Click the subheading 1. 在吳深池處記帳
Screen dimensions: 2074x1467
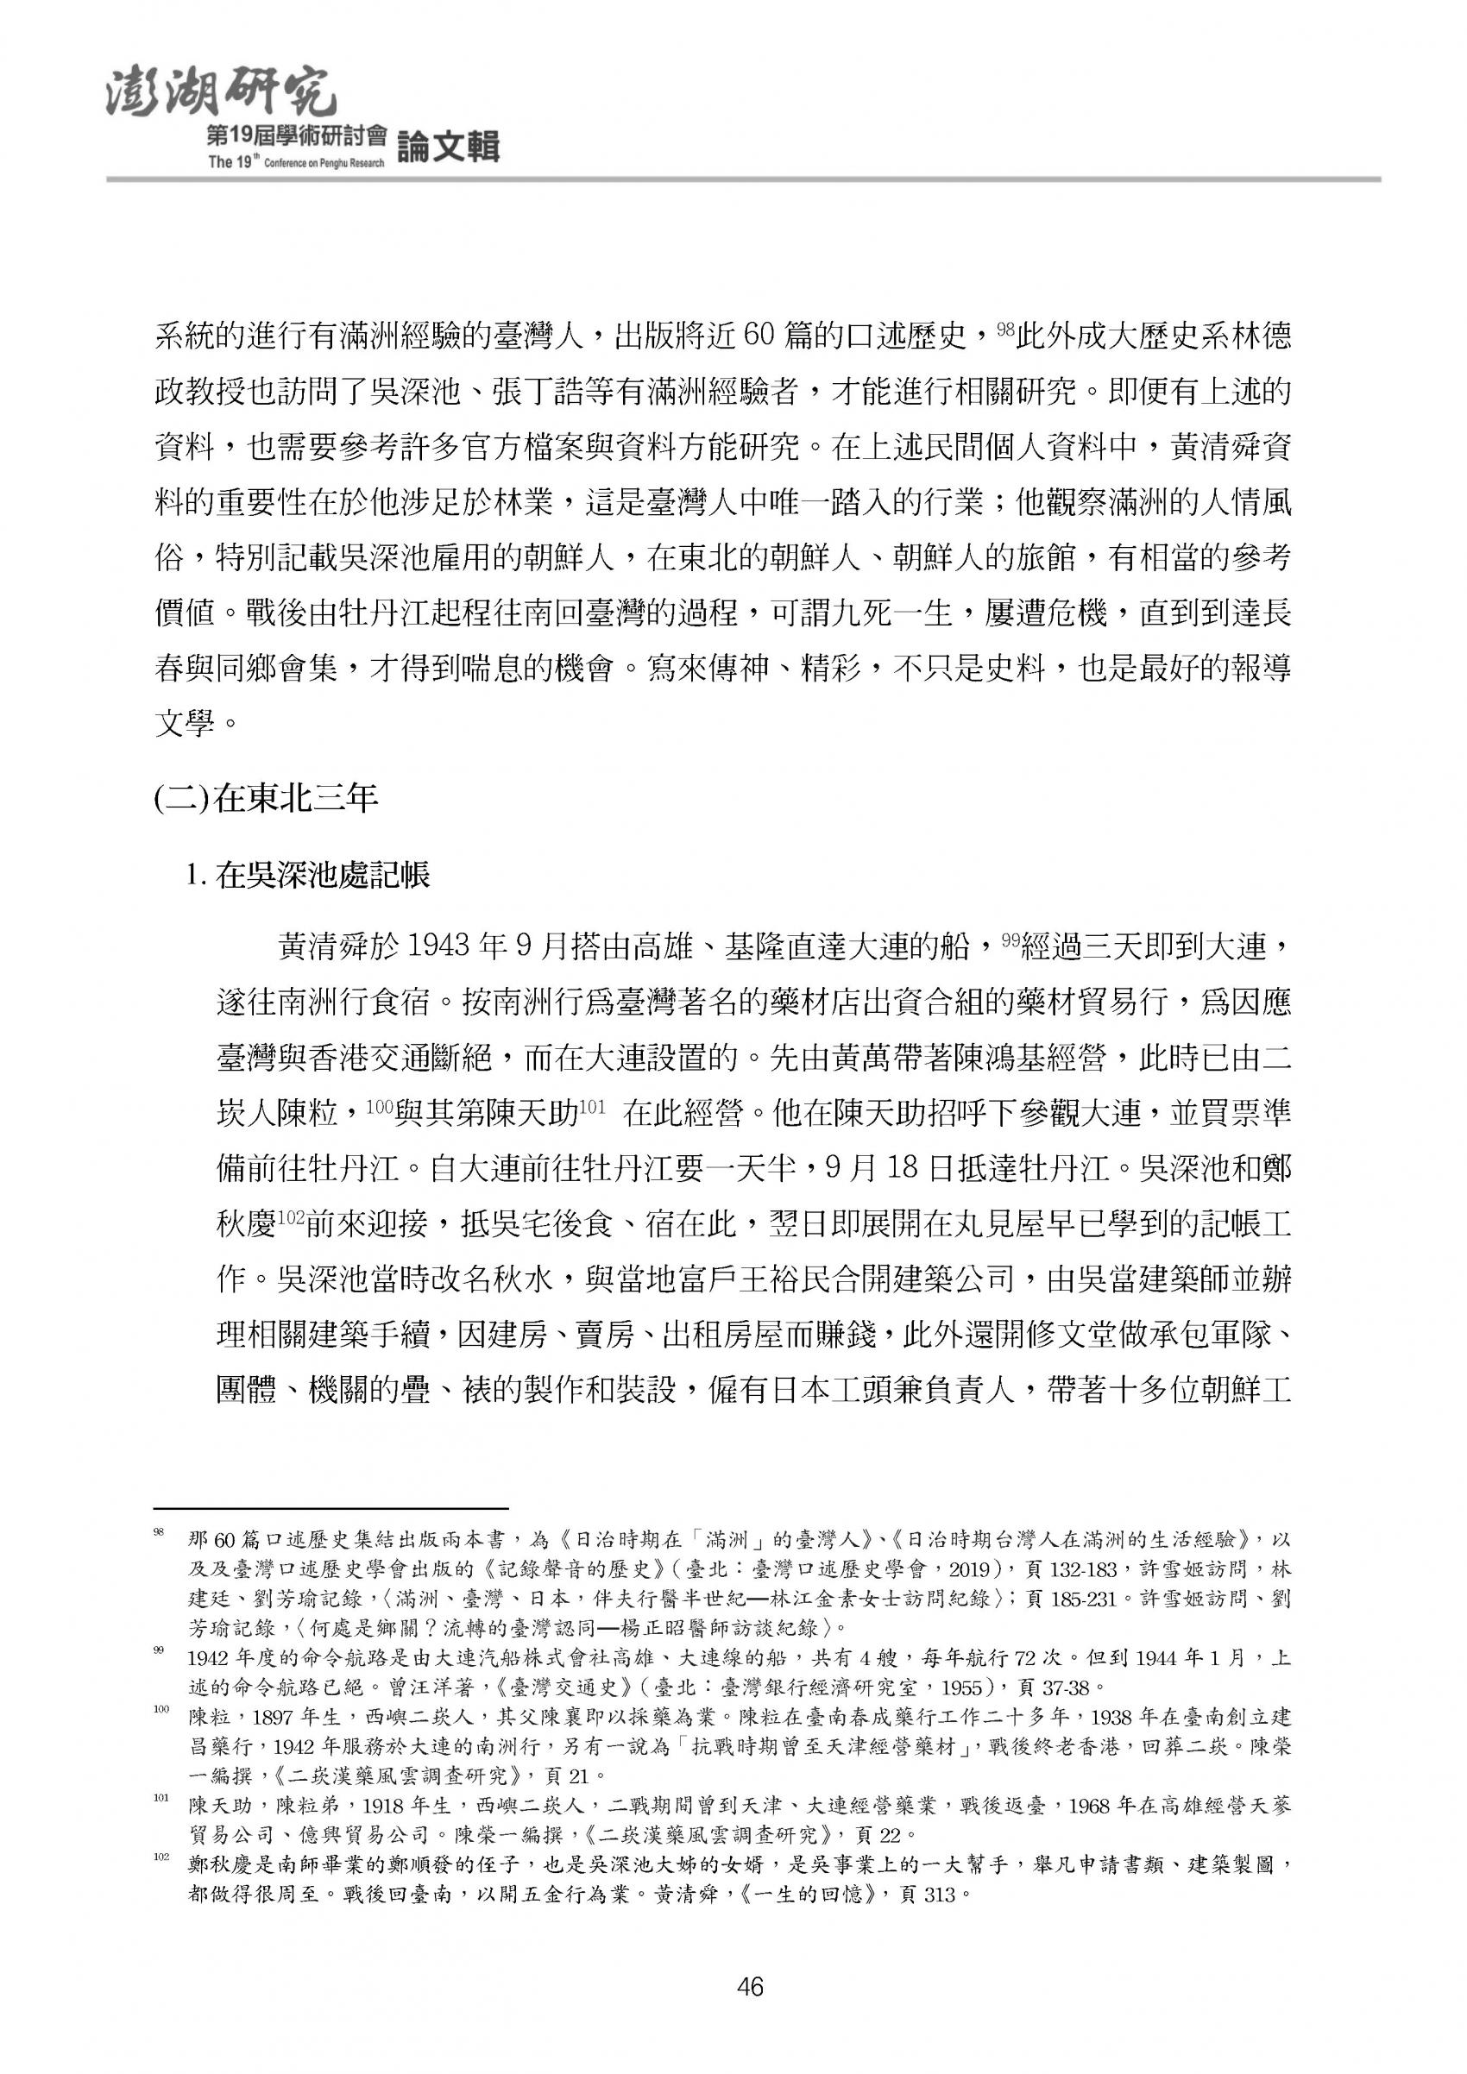click(x=307, y=875)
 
